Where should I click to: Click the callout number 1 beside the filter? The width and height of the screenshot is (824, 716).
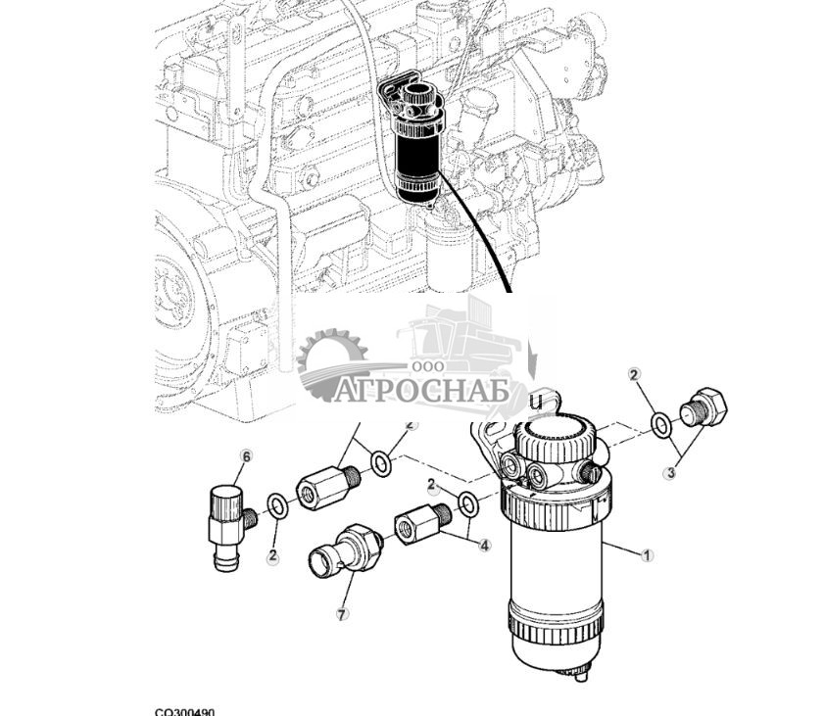[647, 555]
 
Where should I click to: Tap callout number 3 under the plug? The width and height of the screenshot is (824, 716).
[670, 473]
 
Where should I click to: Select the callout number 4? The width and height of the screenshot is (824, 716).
[485, 545]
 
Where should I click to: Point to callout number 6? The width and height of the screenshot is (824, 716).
[246, 456]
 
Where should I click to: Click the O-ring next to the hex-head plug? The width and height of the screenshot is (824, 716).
[662, 425]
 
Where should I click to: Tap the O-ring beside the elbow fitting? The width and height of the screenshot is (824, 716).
[277, 506]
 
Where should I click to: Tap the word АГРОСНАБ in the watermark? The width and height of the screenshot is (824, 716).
[420, 392]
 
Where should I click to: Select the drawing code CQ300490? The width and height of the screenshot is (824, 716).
[184, 712]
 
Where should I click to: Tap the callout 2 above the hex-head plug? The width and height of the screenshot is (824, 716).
[635, 375]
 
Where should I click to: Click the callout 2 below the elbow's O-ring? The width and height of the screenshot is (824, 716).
[272, 556]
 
